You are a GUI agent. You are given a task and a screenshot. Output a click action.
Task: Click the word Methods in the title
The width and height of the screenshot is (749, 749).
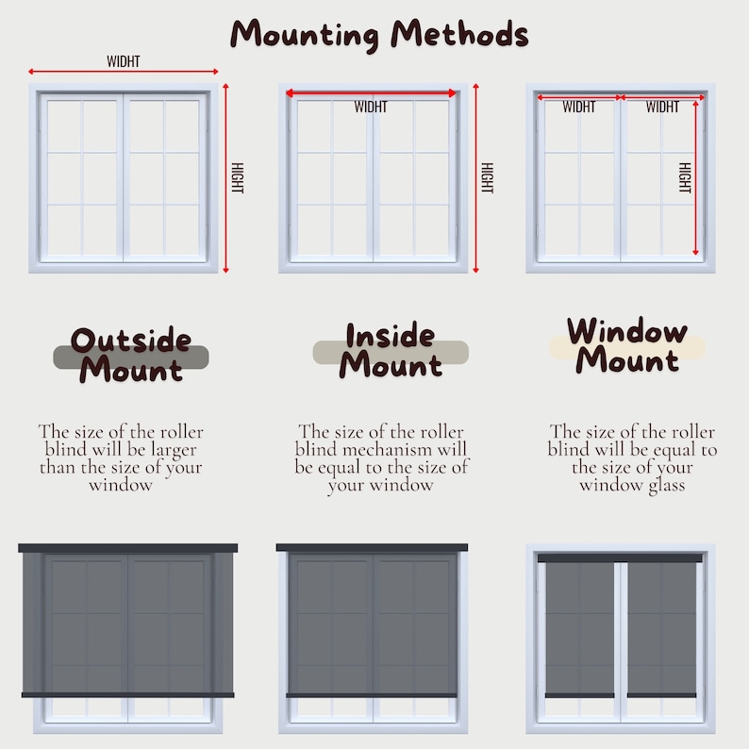460,35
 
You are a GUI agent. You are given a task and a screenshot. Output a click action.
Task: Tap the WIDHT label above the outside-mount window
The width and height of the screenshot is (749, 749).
124,61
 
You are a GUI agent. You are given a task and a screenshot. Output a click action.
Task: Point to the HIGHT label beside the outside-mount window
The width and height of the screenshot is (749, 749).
237,176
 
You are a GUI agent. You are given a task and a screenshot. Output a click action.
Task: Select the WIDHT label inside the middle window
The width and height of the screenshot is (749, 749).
371,107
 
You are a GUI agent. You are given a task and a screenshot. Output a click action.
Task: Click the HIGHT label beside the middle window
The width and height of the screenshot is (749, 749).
487,177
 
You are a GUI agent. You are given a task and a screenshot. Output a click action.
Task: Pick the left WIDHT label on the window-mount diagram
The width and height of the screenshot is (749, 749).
578,107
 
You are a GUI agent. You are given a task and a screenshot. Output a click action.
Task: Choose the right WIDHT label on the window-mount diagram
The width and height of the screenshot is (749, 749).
662,107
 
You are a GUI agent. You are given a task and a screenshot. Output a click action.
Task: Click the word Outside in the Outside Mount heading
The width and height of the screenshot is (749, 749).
131,340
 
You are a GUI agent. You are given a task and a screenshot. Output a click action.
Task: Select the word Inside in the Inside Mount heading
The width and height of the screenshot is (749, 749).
390,336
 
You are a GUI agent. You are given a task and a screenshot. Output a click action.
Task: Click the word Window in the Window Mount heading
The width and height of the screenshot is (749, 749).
627,331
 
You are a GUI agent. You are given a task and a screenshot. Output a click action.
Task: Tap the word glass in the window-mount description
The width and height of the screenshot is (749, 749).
663,485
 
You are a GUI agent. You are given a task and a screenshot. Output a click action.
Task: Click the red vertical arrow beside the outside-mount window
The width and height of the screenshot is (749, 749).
225,177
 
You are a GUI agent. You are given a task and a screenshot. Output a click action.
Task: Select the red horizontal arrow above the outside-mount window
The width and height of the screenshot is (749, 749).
124,72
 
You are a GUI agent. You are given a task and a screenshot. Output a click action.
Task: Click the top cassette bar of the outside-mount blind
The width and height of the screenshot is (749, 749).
128,548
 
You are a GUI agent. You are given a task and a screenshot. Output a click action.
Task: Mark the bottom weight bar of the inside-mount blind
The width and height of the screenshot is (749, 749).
372,695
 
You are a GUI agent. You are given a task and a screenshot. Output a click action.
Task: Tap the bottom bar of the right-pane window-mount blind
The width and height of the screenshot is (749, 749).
661,695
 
